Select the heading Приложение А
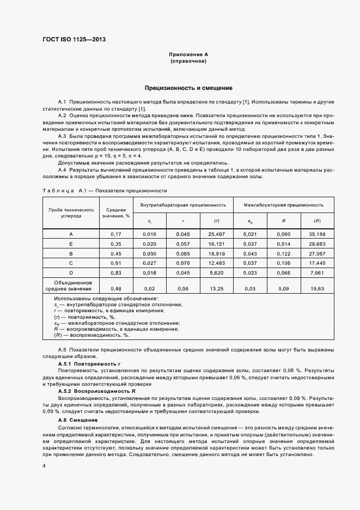(x=188, y=55)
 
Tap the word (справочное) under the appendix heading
(x=188, y=62)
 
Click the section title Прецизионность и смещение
(x=188, y=88)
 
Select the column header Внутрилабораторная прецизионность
(x=183, y=205)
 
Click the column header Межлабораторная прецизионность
(x=283, y=205)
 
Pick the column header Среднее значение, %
(x=116, y=212)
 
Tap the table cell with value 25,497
(x=217, y=234)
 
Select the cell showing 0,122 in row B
(x=283, y=253)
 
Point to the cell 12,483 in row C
(x=217, y=263)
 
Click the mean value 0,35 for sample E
(x=116, y=244)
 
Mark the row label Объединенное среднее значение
(x=69, y=286)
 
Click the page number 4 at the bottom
(x=44, y=466)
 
